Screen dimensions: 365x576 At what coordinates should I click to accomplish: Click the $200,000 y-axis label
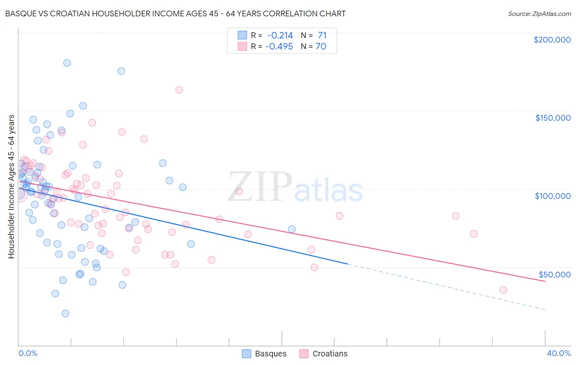[x=552, y=40]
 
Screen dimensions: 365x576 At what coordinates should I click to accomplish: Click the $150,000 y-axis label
[x=553, y=118]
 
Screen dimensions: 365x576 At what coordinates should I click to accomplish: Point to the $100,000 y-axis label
[x=553, y=196]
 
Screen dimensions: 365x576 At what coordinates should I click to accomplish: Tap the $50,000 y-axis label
[x=554, y=274]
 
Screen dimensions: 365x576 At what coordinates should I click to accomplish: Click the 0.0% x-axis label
[x=28, y=353]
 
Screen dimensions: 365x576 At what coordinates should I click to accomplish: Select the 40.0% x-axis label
[x=558, y=353]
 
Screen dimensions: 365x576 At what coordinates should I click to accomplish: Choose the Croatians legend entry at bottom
[x=323, y=354]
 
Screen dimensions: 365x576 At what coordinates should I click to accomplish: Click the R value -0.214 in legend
[x=280, y=36]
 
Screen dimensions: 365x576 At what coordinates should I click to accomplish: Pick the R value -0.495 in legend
[x=279, y=47]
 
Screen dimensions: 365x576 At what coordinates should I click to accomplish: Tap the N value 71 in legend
[x=322, y=36]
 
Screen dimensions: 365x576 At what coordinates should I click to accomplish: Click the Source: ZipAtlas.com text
[x=539, y=14]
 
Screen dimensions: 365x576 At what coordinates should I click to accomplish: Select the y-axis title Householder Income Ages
[x=11, y=186]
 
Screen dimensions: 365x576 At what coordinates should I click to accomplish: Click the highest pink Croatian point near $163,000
[x=179, y=90]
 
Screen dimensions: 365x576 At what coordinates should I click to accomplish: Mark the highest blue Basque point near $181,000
[x=67, y=63]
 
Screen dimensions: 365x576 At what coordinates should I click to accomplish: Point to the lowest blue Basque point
[x=65, y=313]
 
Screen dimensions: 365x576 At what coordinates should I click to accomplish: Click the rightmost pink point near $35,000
[x=503, y=290]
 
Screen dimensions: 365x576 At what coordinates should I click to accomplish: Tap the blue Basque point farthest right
[x=292, y=229]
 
